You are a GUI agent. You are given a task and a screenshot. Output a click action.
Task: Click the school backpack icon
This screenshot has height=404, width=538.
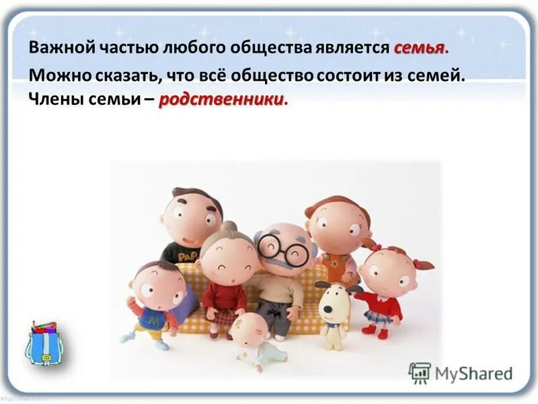coord(44,343)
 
